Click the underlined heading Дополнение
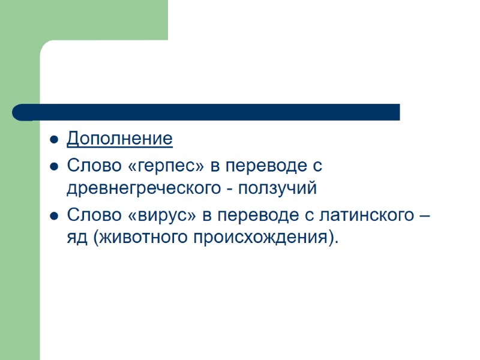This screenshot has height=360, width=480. coord(119,139)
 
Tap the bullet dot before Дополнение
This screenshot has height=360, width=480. coord(53,140)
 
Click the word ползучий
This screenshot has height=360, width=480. coord(278,188)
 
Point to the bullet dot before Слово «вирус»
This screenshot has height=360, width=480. coord(53,215)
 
